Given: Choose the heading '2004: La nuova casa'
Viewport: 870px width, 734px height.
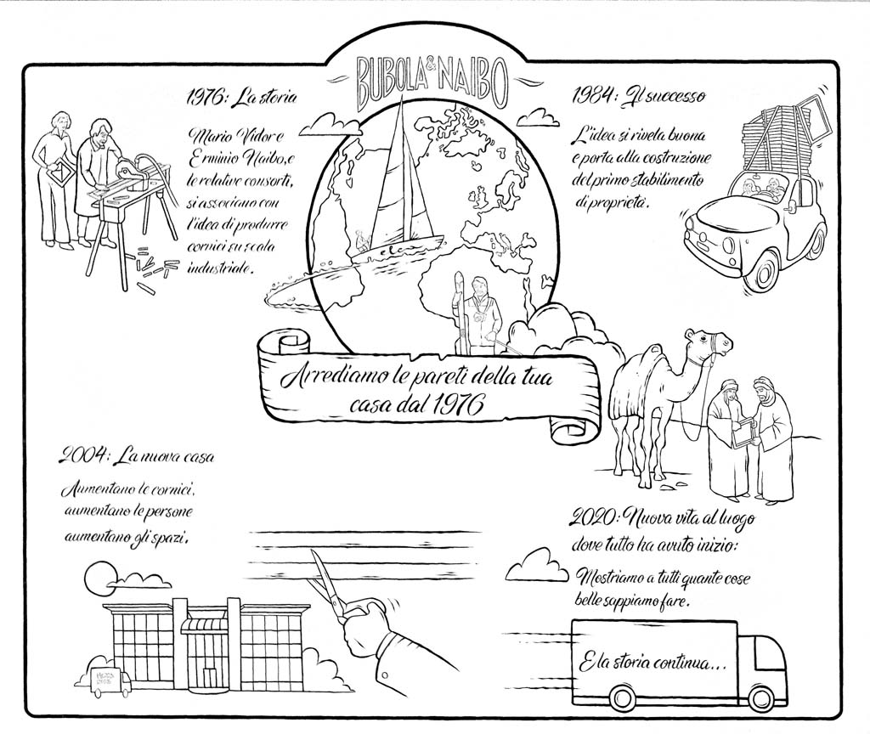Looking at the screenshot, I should [137, 456].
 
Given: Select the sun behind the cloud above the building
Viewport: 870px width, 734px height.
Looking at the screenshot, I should [99, 579].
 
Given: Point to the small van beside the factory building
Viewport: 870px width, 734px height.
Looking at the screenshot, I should [102, 680].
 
